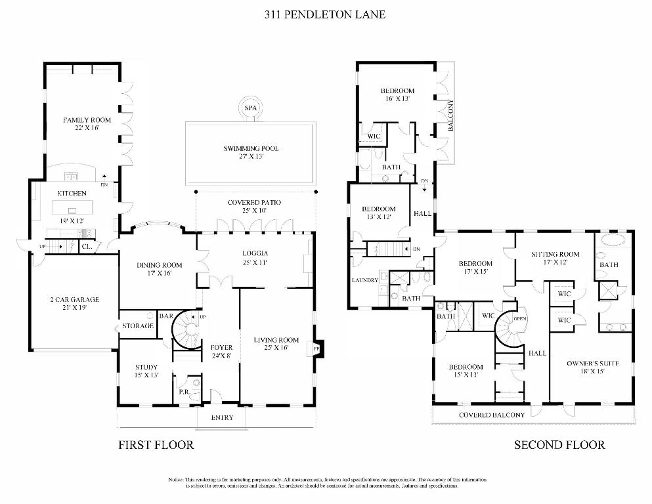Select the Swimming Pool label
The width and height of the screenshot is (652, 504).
coord(251,148)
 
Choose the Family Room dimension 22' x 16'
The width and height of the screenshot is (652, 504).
coord(87,129)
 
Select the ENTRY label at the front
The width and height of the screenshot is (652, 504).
coord(222,418)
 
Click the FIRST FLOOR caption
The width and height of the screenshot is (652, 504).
coord(156,445)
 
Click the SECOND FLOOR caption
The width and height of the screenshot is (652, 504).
coord(559,445)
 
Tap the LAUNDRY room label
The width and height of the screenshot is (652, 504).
coord(364,280)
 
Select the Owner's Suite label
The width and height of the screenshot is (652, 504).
coord(585,362)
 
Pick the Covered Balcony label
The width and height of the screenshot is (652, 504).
coord(491,415)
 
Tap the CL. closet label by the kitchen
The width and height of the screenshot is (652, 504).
coord(86,247)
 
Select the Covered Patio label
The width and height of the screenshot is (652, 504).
coord(254,202)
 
